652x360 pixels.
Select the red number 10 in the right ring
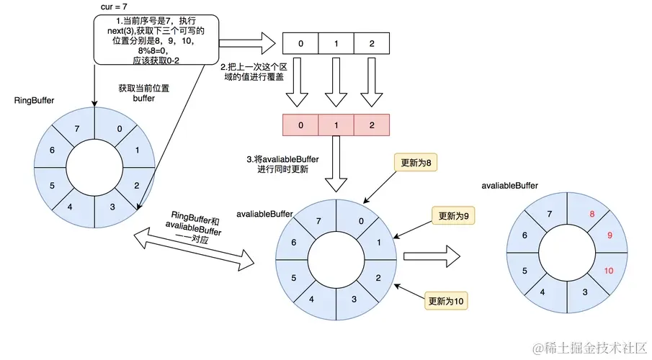[x=608, y=271]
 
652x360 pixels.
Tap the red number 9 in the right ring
[x=609, y=235]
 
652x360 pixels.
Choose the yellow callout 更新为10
[x=446, y=300]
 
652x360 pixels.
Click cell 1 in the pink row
[x=336, y=125]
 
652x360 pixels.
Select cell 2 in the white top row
[x=371, y=45]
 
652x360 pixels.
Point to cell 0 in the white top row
[x=300, y=45]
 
